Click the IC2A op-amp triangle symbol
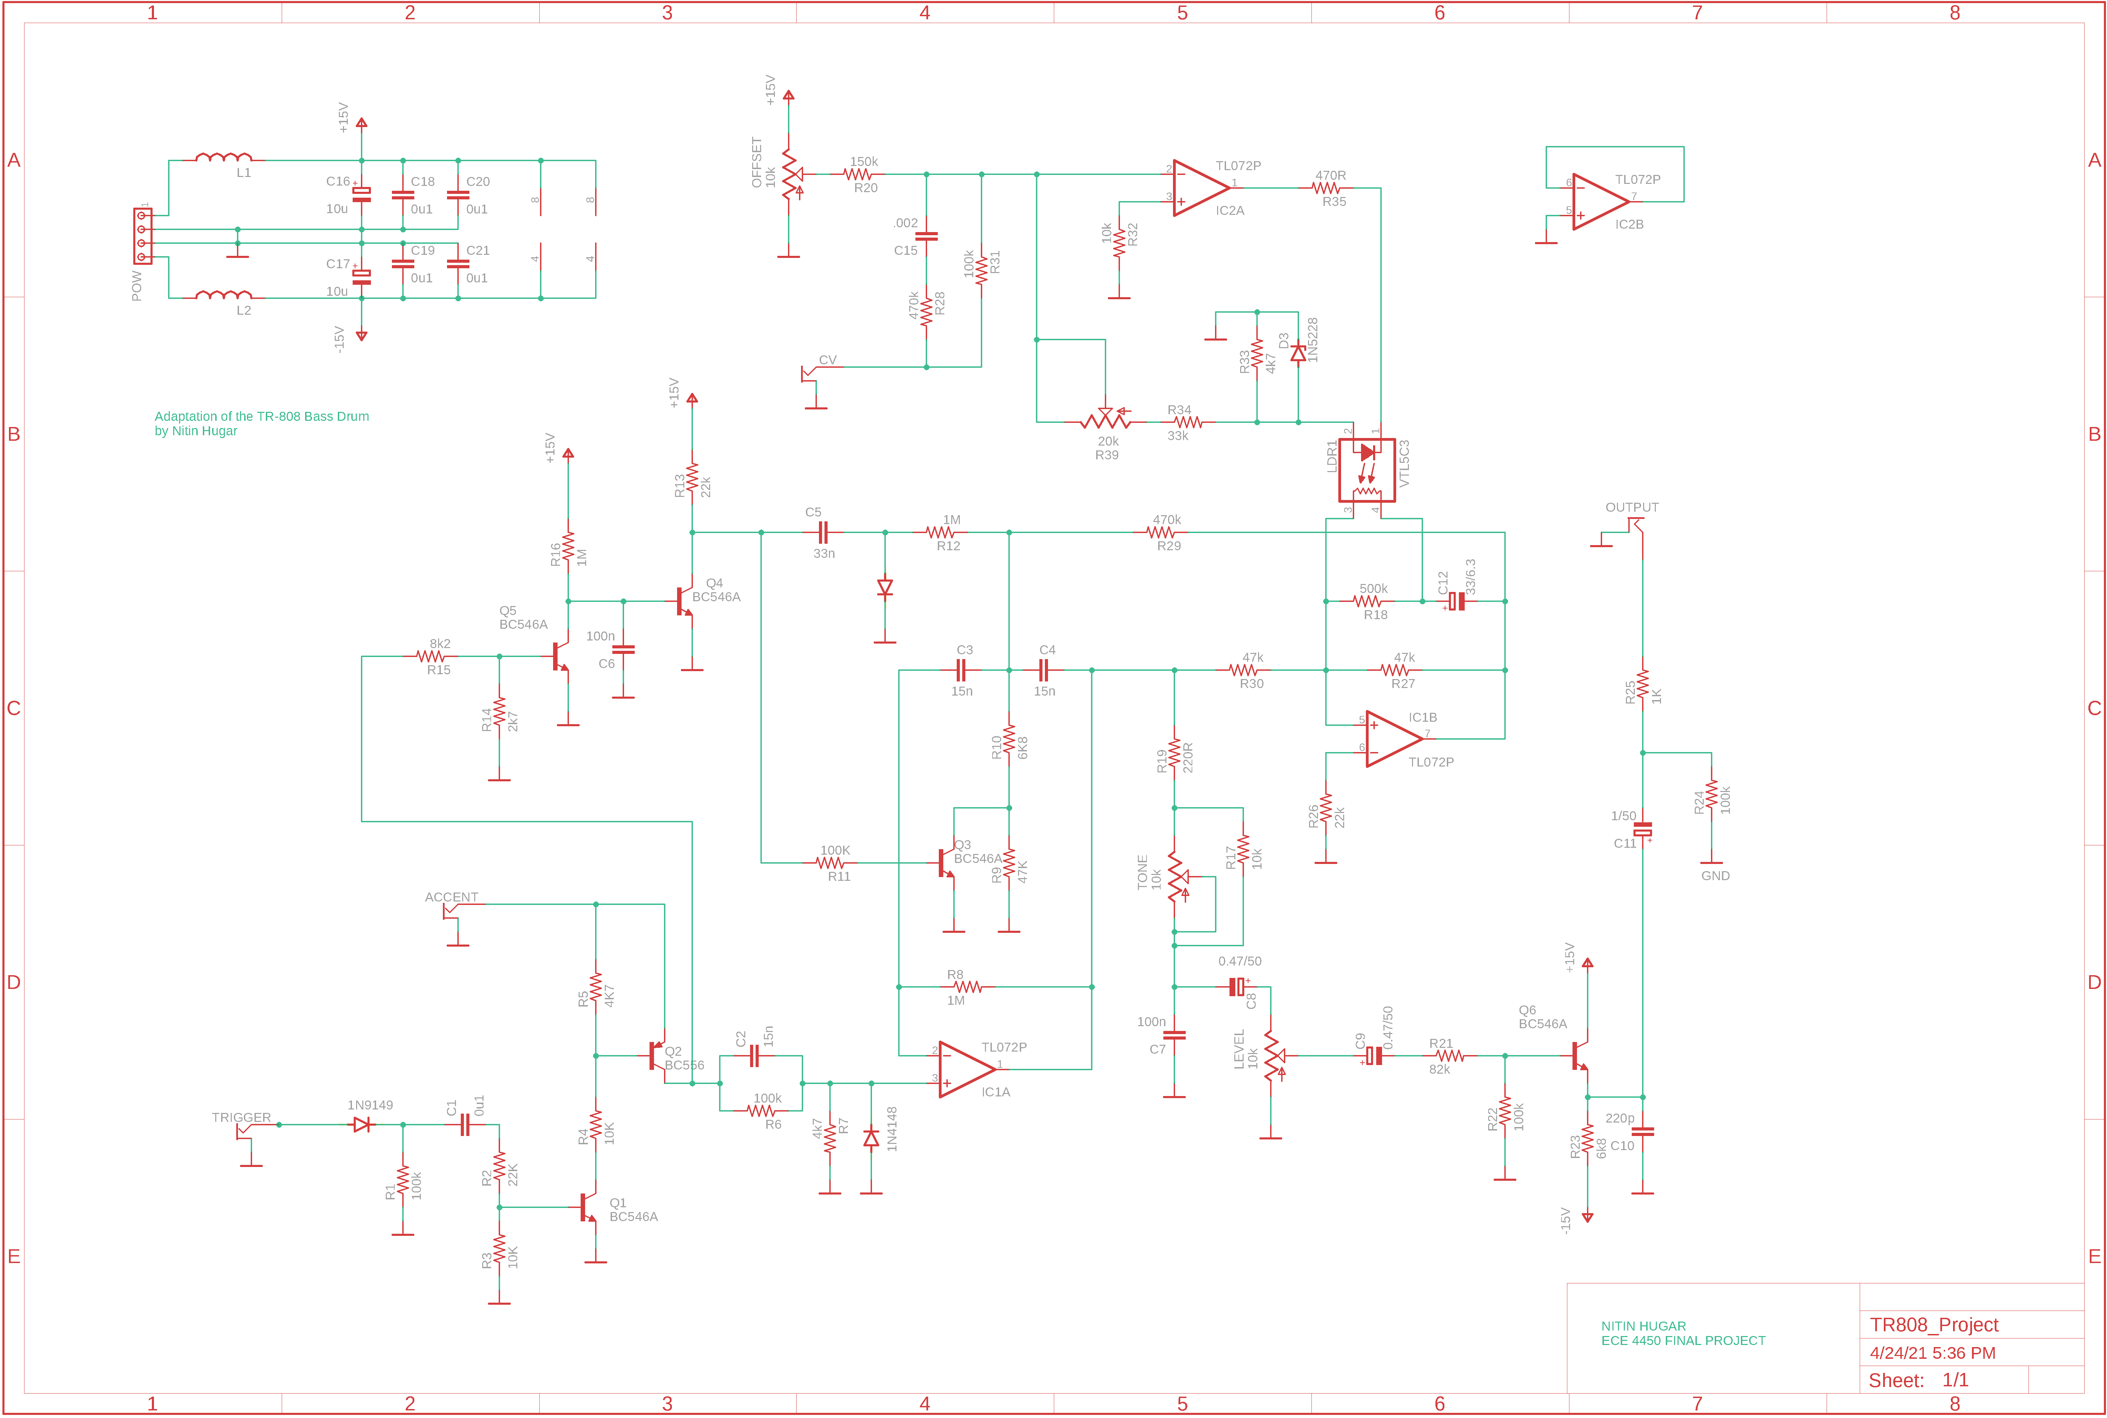coord(1200,188)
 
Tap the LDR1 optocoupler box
coord(1367,470)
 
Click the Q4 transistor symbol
coord(685,601)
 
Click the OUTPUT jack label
coord(1631,507)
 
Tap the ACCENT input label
coord(451,897)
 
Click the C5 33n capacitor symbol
coord(822,533)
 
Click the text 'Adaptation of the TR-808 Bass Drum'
coord(261,416)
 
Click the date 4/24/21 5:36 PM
coord(1932,1353)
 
